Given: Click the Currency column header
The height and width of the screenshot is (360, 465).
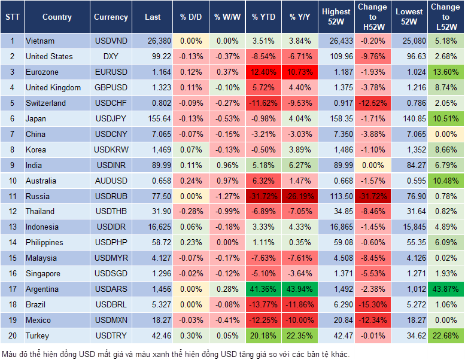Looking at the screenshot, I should (111, 17).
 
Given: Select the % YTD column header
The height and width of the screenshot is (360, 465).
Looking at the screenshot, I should (264, 17).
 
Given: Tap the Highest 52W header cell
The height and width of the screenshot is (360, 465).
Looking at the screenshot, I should (336, 17).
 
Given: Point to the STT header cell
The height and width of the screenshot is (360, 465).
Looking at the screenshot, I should (11, 17).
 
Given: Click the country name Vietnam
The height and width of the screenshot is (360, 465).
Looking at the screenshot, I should (40, 41).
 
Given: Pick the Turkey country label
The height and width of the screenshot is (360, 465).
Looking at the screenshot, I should (37, 335).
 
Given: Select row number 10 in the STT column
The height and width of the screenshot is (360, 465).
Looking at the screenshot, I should (11, 181).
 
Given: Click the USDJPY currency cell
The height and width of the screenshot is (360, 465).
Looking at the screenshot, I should (111, 118).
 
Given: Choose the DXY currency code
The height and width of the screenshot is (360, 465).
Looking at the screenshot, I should (111, 56).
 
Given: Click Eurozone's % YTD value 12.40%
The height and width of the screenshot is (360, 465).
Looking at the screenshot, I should (264, 72).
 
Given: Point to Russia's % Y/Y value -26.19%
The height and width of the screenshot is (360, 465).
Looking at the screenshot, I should (301, 196).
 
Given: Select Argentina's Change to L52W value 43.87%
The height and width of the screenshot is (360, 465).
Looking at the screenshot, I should (446, 289).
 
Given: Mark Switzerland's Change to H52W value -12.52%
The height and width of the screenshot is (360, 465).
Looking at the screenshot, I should (372, 103).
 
